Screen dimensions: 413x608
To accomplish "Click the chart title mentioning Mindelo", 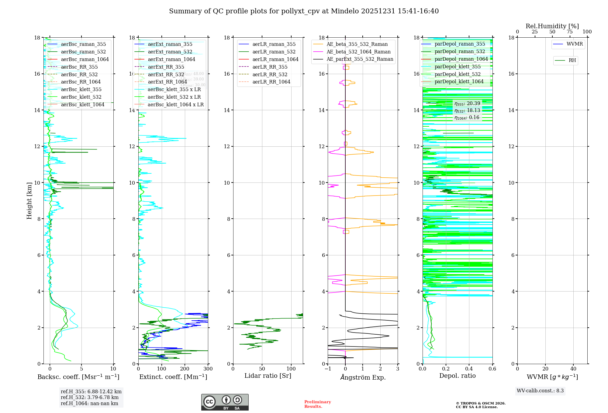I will click(304, 11).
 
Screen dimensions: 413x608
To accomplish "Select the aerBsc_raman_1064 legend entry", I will click(85, 59).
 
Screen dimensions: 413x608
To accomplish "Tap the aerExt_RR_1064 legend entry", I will click(167, 82).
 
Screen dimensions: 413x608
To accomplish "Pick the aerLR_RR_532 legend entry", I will click(270, 74).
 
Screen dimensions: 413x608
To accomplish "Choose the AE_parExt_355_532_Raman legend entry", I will click(360, 59).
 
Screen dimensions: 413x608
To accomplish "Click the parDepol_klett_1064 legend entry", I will click(459, 81).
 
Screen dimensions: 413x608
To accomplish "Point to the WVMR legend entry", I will click(575, 44).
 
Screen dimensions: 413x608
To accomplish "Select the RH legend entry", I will click(572, 60).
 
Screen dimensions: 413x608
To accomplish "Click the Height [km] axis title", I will click(29, 200).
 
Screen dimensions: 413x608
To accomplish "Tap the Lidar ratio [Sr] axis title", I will click(268, 376).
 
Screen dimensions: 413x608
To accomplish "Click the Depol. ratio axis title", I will click(457, 376).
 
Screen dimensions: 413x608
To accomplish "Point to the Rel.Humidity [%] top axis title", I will click(552, 26).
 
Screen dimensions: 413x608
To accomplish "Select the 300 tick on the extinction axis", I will click(208, 369).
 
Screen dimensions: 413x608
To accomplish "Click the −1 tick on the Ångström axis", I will click(328, 369).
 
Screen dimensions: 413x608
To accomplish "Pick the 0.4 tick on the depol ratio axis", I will click(469, 369).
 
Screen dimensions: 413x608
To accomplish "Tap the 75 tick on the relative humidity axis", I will click(570, 32).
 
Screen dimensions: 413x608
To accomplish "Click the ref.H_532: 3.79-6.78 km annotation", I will click(90, 397).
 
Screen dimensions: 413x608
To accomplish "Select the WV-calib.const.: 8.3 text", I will click(540, 391).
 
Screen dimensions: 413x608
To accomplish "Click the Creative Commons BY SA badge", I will click(225, 402).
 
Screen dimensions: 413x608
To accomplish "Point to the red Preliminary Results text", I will click(317, 404).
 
